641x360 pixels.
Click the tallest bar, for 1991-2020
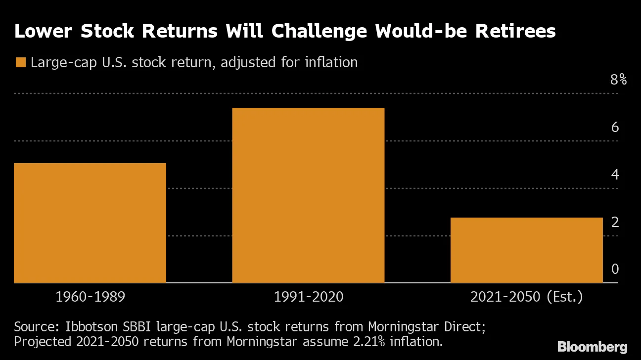pyautogui.click(x=308, y=195)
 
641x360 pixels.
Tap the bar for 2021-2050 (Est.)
pyautogui.click(x=526, y=250)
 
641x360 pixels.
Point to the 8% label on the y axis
pyautogui.click(x=618, y=80)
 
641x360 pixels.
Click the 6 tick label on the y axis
pyautogui.click(x=615, y=127)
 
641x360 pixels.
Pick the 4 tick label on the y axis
pyautogui.click(x=615, y=175)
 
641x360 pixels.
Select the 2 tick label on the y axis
pyautogui.click(x=615, y=222)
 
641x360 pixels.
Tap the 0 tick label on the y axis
pyautogui.click(x=615, y=269)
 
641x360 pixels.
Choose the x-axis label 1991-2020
pyautogui.click(x=308, y=297)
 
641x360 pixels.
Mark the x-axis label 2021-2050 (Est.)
pyautogui.click(x=526, y=297)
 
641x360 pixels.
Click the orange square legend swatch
pyautogui.click(x=20, y=63)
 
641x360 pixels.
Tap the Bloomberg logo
pyautogui.click(x=592, y=347)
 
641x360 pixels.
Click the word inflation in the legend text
pyautogui.click(x=330, y=63)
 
